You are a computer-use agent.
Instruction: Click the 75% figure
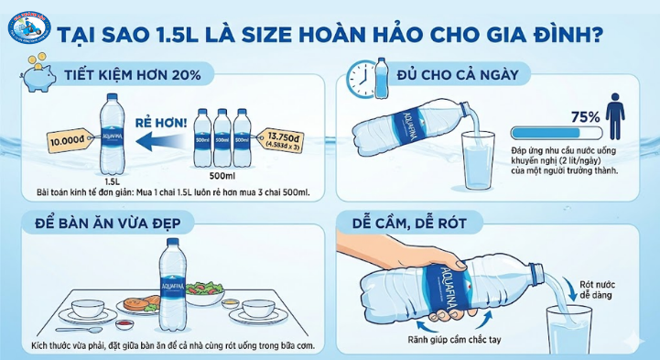tap(585, 117)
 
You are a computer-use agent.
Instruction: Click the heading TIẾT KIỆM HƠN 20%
tap(134, 75)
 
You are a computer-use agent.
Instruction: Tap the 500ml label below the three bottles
tap(222, 175)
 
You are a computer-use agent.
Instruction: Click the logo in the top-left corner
tap(27, 27)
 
